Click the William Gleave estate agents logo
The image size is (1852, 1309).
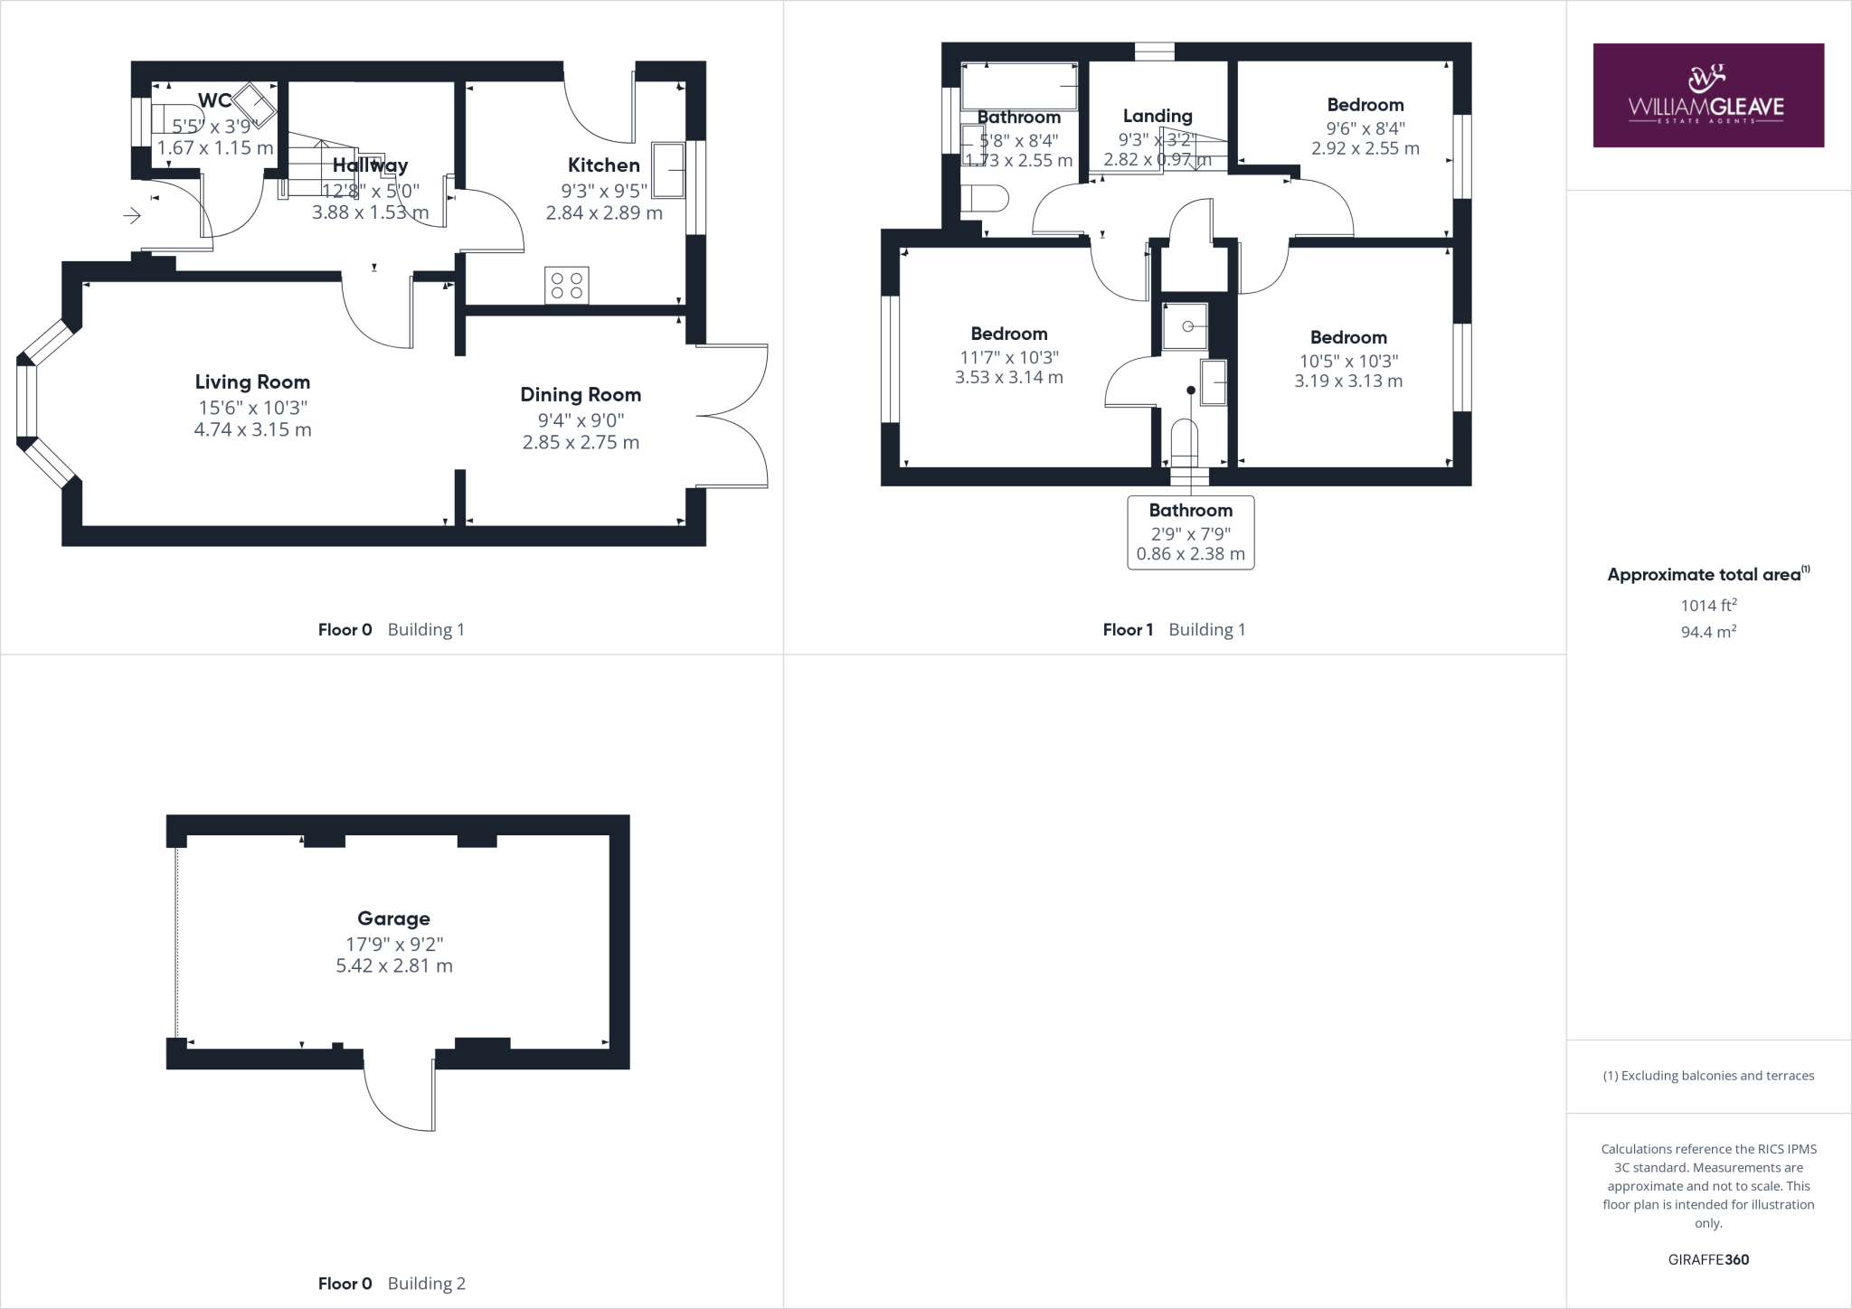point(1707,95)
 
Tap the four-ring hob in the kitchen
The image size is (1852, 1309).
point(567,286)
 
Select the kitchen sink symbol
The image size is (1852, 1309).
point(668,170)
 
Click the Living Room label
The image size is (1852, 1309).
point(252,382)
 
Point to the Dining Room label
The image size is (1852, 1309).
point(581,395)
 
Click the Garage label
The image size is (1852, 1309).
point(393,919)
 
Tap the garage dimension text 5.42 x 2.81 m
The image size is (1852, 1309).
point(394,965)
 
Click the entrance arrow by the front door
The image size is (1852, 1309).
point(132,216)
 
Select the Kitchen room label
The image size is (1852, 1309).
point(603,165)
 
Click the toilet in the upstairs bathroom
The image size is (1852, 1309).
point(983,199)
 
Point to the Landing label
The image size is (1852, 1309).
point(1157,116)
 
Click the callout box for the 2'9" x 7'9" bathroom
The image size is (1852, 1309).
point(1190,532)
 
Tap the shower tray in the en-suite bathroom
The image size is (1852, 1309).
point(1186,325)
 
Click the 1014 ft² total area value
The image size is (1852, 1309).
point(1708,605)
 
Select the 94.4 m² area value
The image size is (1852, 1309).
point(1708,632)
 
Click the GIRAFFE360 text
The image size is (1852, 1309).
point(1708,1259)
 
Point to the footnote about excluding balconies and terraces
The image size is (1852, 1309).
point(1708,1076)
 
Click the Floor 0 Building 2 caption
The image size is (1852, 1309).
point(392,1284)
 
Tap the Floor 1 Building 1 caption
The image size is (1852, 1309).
point(1174,630)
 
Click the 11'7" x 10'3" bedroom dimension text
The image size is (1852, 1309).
point(1009,357)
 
